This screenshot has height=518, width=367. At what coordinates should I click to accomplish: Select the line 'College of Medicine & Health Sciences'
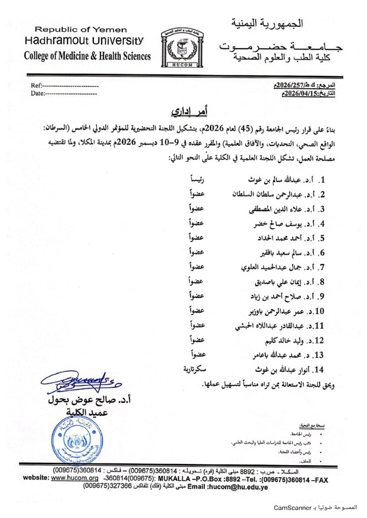(87, 56)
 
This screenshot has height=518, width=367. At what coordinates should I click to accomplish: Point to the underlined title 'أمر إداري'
(183, 110)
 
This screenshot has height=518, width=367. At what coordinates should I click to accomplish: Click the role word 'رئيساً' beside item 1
(196, 180)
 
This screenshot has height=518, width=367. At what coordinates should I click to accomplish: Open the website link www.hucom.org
(75, 478)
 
